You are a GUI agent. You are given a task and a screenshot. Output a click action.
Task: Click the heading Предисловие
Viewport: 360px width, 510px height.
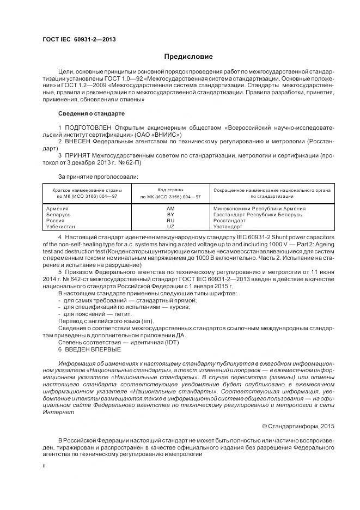[x=189, y=57]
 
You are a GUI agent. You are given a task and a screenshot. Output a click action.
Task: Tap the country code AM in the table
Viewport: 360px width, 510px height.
[x=170, y=209]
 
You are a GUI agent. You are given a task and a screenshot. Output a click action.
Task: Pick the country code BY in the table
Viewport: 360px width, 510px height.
[x=170, y=215]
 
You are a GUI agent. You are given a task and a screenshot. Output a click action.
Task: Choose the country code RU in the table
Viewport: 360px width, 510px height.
[x=170, y=221]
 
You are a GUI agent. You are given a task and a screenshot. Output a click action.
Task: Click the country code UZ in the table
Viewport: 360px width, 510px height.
[x=170, y=227]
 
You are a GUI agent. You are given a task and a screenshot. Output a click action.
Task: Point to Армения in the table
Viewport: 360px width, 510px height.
[x=57, y=209]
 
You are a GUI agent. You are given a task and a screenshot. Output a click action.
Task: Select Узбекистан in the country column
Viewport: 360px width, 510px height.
[x=61, y=227]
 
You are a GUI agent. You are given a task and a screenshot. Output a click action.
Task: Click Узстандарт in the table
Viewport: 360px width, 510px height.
[x=229, y=227]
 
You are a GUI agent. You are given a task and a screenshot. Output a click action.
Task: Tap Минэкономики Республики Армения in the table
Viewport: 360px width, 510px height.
[x=259, y=209]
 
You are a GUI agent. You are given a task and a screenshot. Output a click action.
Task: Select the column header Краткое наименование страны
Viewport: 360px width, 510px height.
[x=87, y=190]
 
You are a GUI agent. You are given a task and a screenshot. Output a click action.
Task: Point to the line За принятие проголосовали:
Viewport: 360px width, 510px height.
[x=97, y=176]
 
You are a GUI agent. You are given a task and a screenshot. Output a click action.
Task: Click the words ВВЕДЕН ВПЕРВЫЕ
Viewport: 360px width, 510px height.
[x=88, y=349]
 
